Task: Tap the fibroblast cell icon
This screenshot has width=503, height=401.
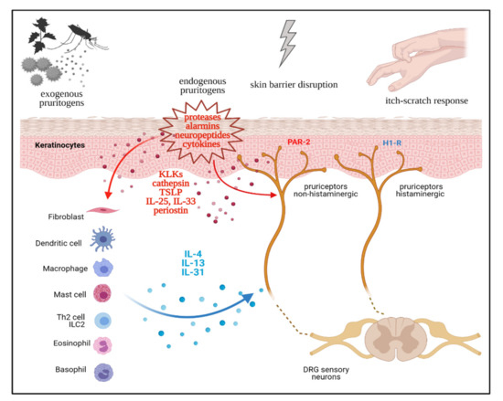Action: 105,211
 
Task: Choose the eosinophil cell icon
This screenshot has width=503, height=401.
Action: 105,345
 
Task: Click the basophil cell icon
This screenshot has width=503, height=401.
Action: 105,373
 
